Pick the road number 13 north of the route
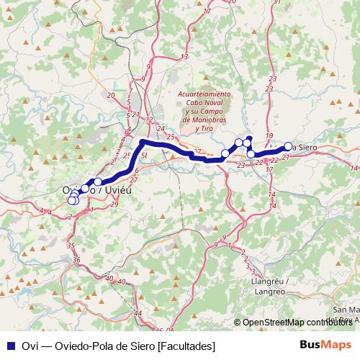coord(184,55)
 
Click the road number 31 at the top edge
coord(277,3)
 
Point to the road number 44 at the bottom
coord(138,314)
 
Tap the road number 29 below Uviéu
coord(116,205)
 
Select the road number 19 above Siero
coord(269,136)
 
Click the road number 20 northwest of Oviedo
coord(110,95)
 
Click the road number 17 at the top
coord(207,12)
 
